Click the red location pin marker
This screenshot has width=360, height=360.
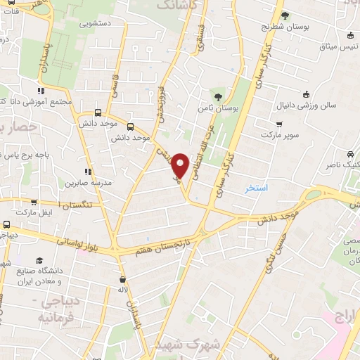tap(181, 165)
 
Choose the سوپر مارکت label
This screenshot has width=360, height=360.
tap(279, 133)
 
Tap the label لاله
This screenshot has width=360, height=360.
tap(122, 290)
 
